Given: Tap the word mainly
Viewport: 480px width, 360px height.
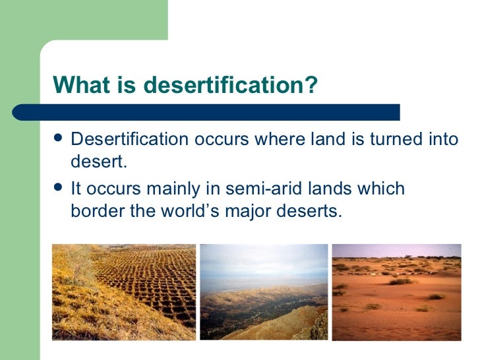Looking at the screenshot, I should click(173, 189).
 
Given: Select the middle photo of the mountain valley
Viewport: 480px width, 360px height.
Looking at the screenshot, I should click(264, 292).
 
